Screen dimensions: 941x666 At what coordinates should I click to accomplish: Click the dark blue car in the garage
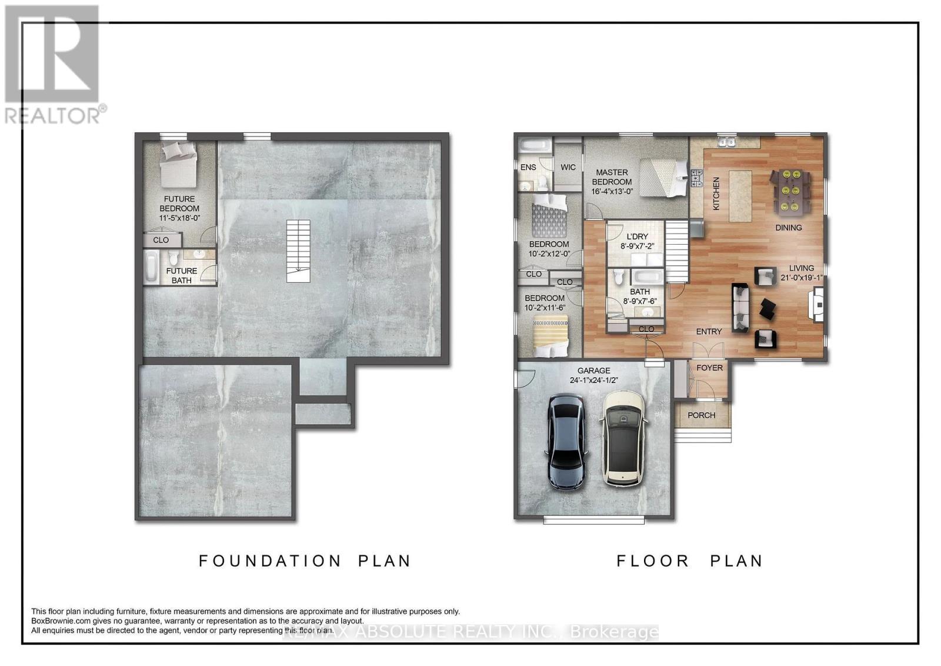[565, 442]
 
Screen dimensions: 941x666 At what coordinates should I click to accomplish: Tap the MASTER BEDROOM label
[612, 177]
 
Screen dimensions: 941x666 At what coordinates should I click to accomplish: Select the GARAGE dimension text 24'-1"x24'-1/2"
[593, 381]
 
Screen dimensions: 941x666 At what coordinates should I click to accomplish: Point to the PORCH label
[701, 415]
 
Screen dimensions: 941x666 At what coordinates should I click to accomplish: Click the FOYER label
[709, 368]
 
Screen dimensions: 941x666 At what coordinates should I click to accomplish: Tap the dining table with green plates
[790, 192]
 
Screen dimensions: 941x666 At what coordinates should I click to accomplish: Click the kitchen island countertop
[740, 196]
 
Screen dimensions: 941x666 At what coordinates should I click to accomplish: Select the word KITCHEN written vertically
[716, 194]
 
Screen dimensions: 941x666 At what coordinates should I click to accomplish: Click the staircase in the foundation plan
[298, 251]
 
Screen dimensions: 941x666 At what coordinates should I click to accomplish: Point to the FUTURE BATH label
[182, 276]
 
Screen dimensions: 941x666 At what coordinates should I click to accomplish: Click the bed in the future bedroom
[179, 164]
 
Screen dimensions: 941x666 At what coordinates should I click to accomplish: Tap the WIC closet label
[568, 167]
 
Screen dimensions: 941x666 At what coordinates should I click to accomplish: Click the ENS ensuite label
[528, 167]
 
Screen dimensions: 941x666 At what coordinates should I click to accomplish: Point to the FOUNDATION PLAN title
[305, 561]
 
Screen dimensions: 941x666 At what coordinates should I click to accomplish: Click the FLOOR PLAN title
[689, 561]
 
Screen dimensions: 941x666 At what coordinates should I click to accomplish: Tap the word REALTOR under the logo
[52, 115]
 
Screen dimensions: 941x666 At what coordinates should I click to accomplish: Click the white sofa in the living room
[740, 308]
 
